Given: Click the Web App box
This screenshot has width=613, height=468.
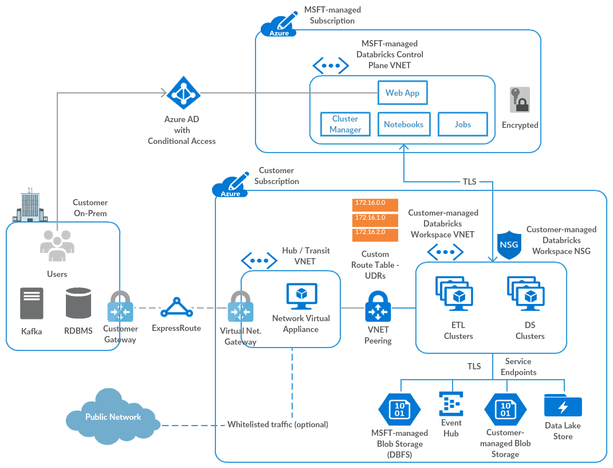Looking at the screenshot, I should (402, 93).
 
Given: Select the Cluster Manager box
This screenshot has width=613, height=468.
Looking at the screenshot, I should (345, 124).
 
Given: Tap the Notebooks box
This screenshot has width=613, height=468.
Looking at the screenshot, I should (403, 124).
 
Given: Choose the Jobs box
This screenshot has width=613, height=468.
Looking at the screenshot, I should (462, 124).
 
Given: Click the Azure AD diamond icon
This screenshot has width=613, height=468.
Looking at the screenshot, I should (182, 93).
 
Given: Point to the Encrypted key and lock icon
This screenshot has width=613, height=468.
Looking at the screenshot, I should (520, 100).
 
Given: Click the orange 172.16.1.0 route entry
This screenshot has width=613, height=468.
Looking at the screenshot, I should (375, 219).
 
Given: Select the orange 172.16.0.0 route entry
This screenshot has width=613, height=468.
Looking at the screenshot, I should (375, 203).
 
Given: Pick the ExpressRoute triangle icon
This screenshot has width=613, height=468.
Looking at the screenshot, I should (176, 309).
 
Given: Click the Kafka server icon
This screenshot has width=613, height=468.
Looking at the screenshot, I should (32, 303).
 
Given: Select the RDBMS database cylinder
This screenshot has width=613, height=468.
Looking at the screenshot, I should (78, 303).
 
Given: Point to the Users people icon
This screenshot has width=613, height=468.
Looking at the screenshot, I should (57, 243).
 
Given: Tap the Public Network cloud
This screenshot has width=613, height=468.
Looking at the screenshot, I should (113, 417).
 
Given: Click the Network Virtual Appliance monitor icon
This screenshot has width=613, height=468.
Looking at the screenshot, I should (302, 297).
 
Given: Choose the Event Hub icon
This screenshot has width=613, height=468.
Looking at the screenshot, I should (451, 404).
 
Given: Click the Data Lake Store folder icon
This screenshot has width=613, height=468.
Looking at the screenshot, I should (563, 405).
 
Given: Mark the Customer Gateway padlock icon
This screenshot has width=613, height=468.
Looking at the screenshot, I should (120, 308).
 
